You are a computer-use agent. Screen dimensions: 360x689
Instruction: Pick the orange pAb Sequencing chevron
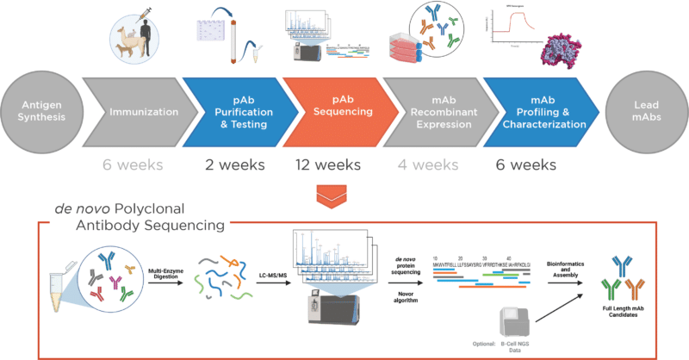click(x=337, y=110)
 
